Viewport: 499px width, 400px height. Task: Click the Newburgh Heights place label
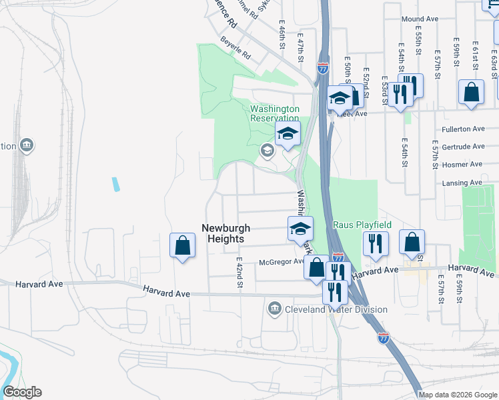[x=223, y=233]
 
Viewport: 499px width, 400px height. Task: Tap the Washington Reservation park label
[x=275, y=113]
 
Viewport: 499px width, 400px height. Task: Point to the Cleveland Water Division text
[x=336, y=309]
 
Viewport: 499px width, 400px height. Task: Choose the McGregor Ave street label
[x=282, y=261]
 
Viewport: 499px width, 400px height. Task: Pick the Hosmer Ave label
[x=466, y=164]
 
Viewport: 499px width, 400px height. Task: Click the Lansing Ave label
[x=466, y=183]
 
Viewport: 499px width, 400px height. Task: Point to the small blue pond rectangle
[x=116, y=184]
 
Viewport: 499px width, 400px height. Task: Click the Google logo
[x=22, y=392]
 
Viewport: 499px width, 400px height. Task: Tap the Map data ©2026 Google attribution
[x=458, y=395]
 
